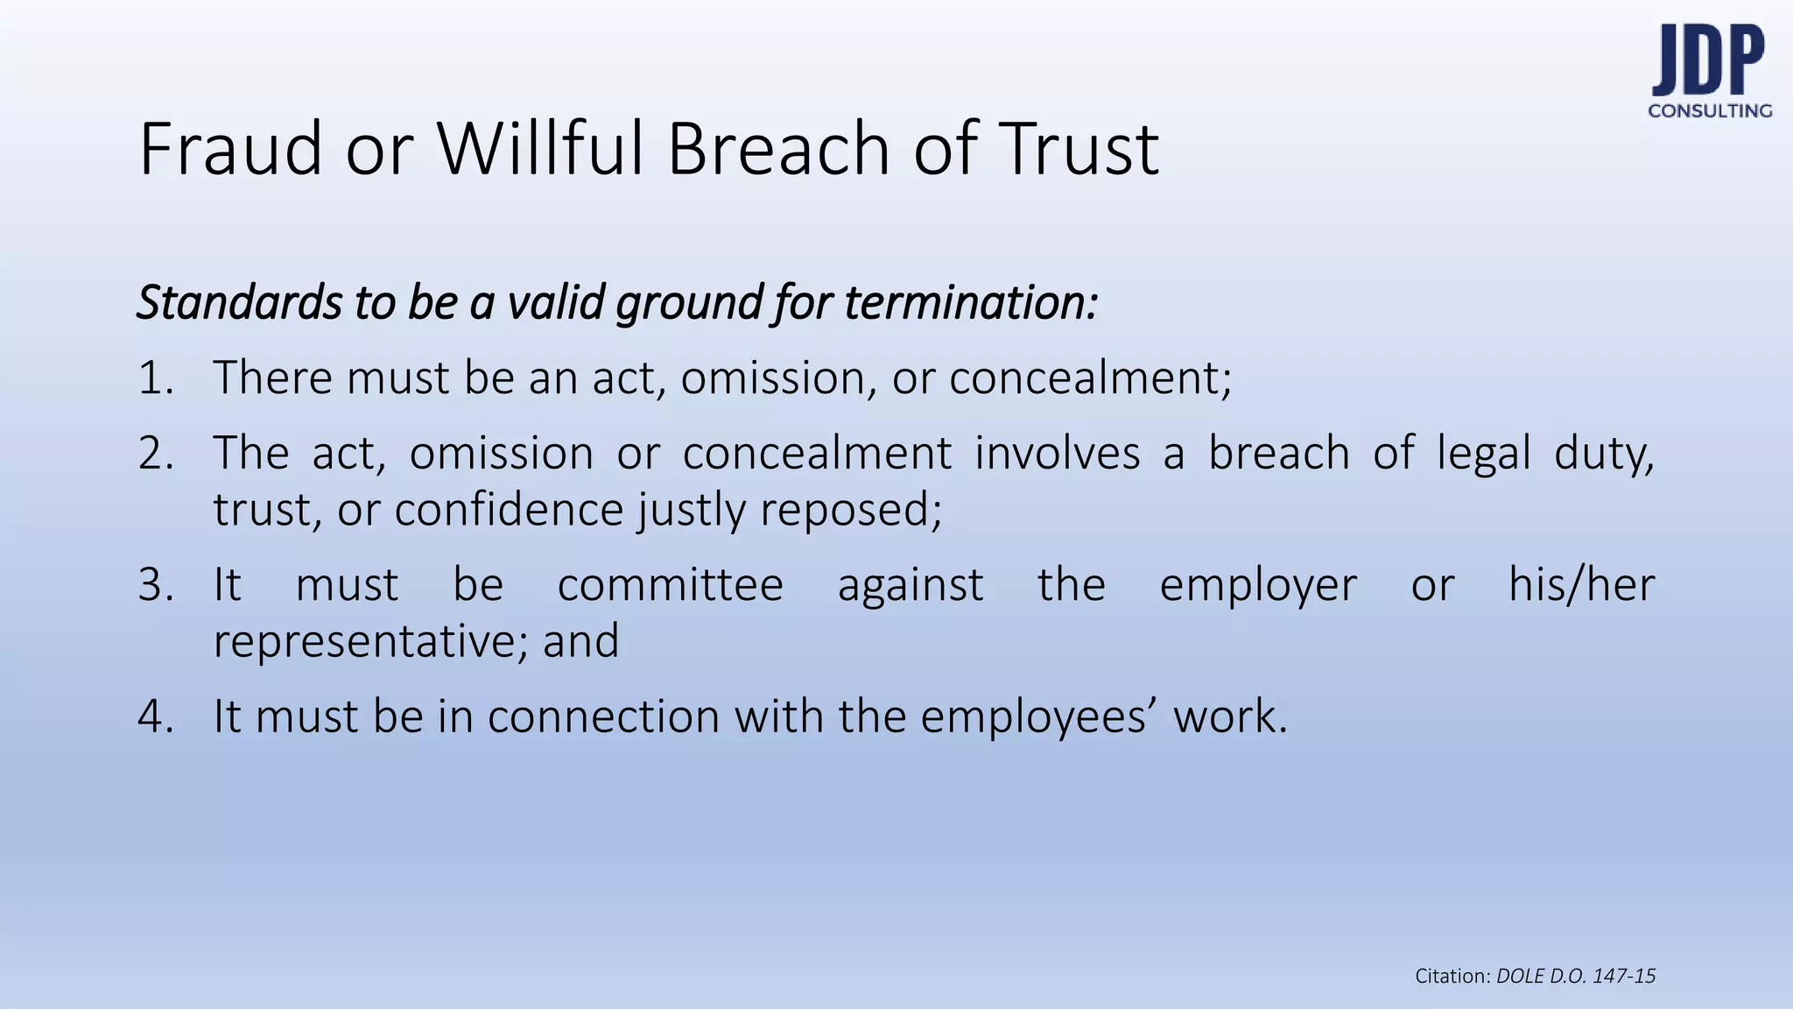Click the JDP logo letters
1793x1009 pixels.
(1708, 60)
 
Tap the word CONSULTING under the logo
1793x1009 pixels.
(1710, 111)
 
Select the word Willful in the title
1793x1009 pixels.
(543, 149)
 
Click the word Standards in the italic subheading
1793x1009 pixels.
(240, 303)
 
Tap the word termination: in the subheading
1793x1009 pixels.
(971, 303)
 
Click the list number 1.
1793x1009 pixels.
(155, 378)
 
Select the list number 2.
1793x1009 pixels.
(155, 454)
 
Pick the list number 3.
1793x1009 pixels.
(155, 585)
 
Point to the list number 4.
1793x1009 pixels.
(155, 716)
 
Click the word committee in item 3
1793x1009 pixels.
(671, 585)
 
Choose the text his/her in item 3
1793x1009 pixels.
(1581, 585)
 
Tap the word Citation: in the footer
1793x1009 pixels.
(1452, 977)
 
